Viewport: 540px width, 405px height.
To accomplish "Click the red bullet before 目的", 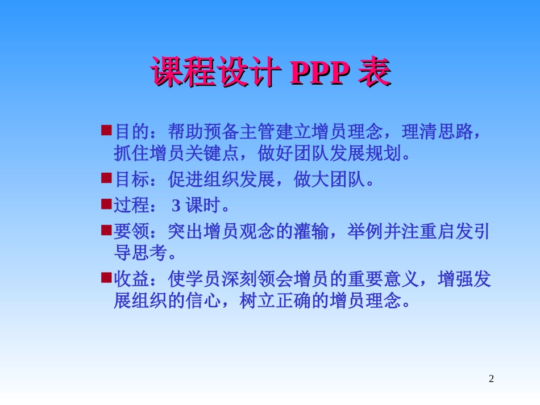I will (106, 131).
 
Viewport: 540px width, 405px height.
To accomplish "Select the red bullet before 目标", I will (106, 178).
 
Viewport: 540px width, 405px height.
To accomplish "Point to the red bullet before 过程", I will (106, 203).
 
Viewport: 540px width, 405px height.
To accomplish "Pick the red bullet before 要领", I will (106, 229).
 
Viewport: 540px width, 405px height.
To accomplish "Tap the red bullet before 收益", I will (106, 277).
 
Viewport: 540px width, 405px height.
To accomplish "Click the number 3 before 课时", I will (176, 205).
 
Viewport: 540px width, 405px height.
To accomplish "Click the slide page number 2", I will (492, 379).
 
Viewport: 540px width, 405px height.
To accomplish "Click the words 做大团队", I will (329, 179).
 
